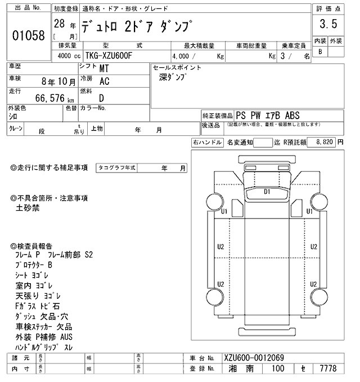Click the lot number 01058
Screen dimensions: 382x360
28,35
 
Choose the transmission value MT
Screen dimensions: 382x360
104,69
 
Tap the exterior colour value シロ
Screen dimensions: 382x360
15,116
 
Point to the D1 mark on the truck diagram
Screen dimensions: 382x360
268,192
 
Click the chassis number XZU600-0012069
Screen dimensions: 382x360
254,357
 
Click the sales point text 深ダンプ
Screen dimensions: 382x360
172,78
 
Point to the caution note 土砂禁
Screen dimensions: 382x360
28,208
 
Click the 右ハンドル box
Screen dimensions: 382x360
207,143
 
